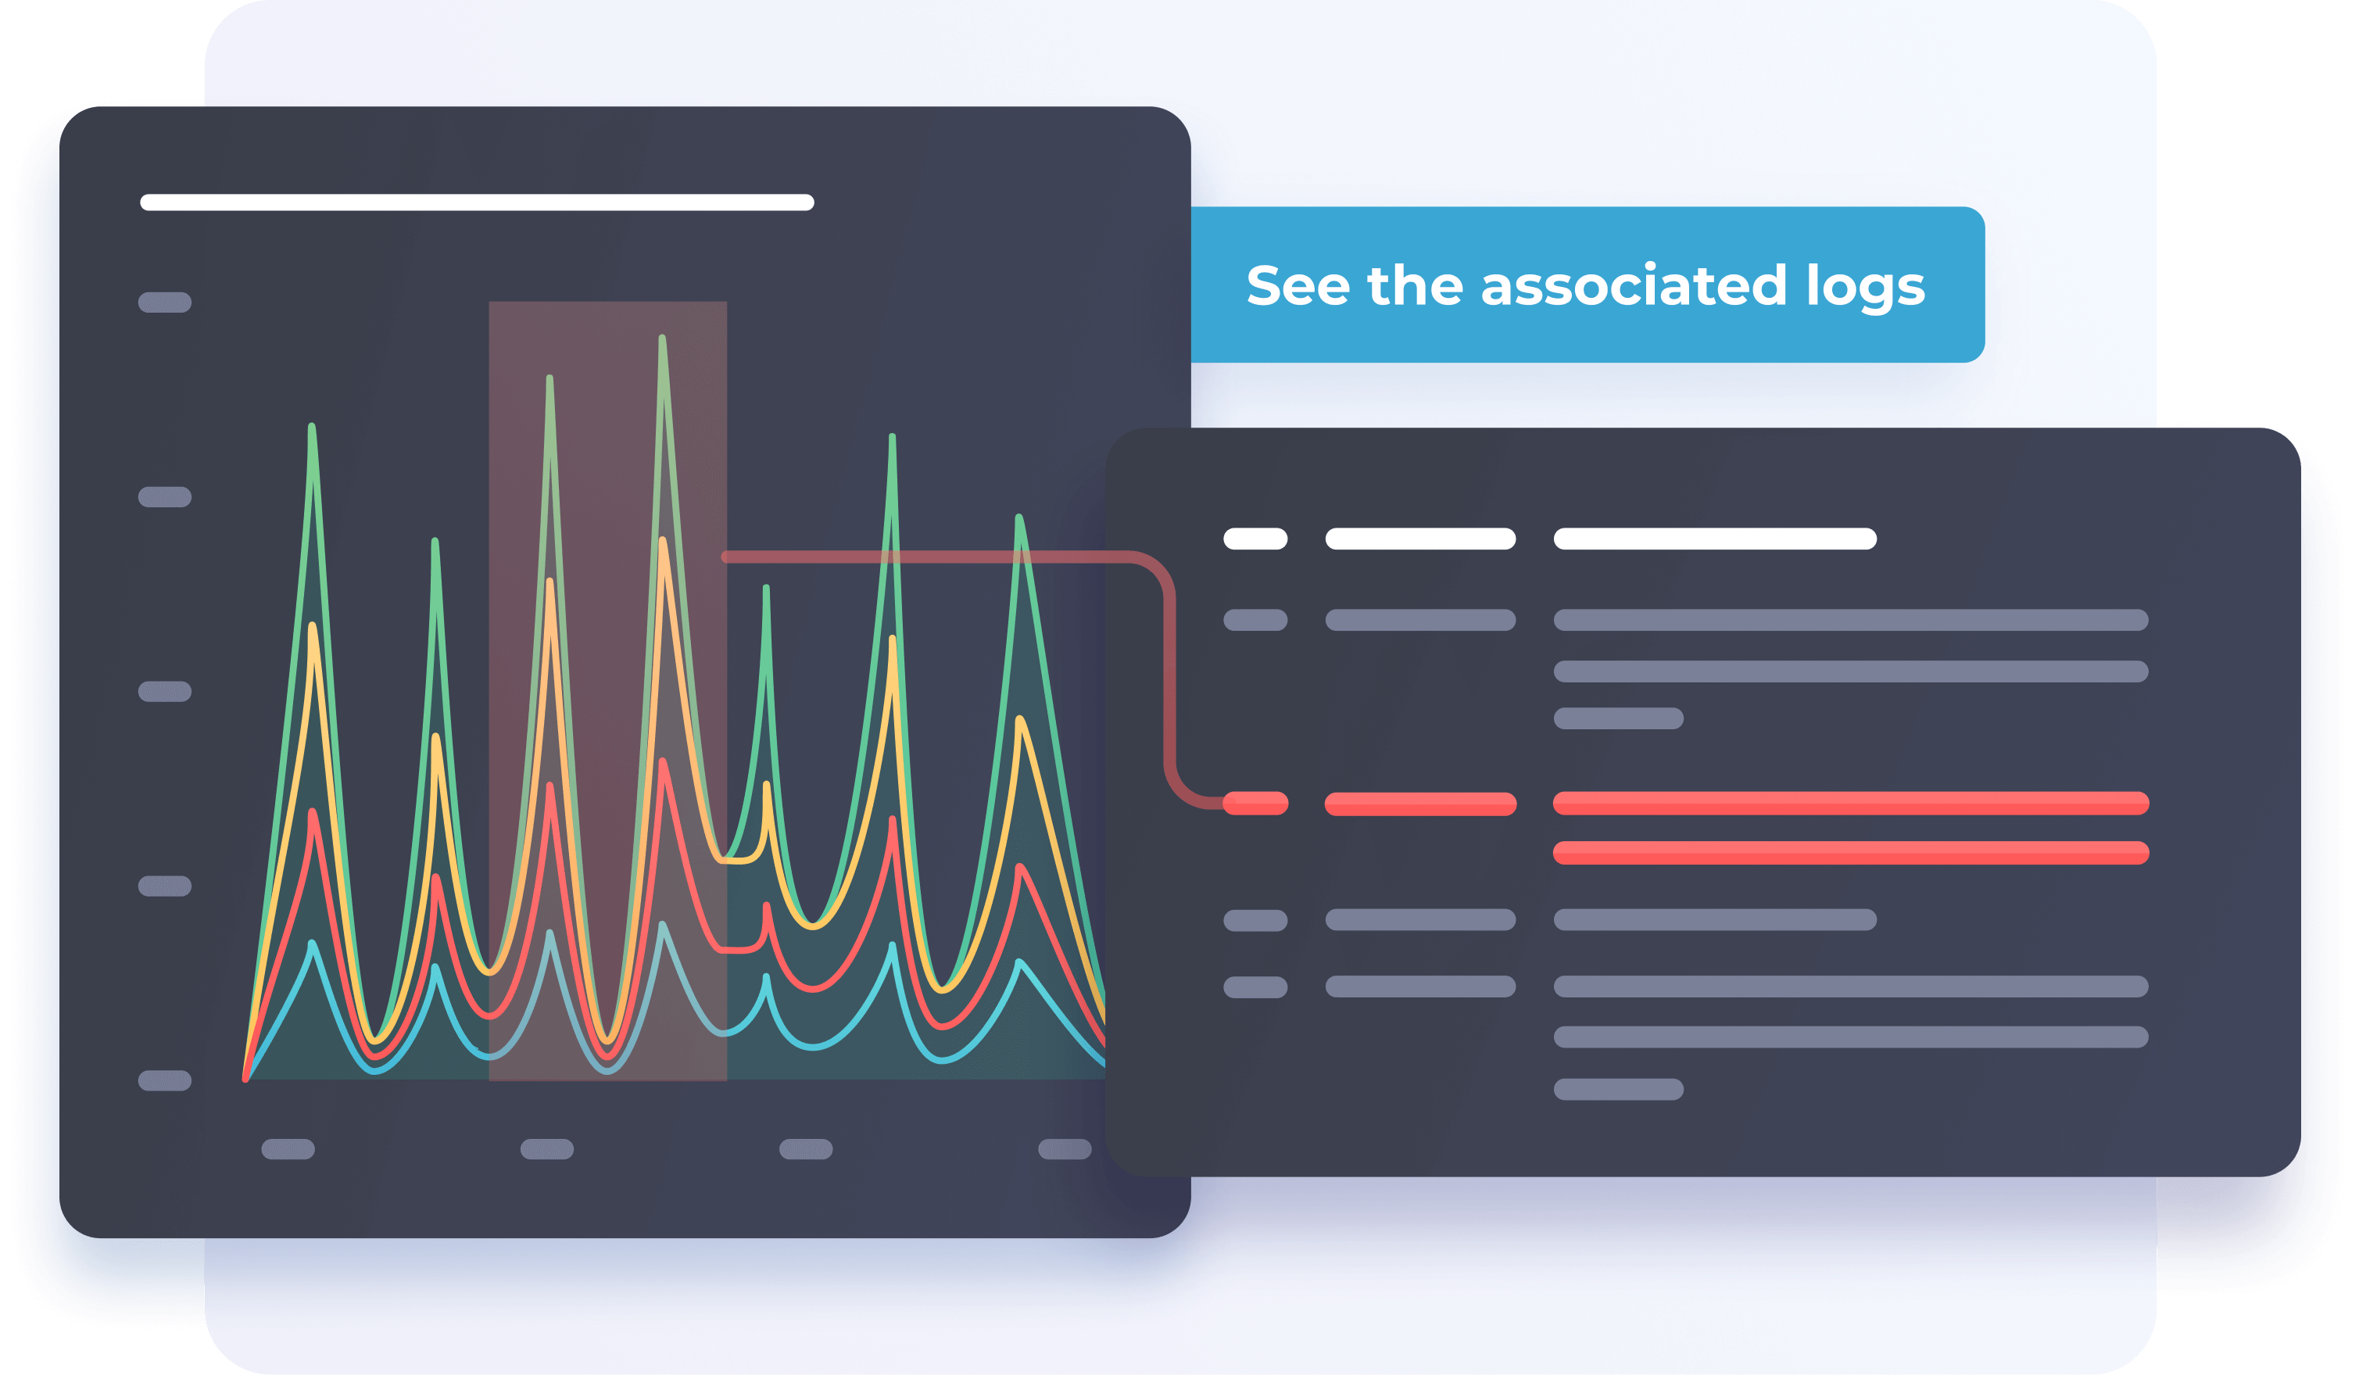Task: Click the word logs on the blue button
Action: coord(1865,286)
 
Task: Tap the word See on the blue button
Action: coord(1298,285)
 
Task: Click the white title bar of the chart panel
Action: coord(477,202)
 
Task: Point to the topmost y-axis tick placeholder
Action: coord(165,303)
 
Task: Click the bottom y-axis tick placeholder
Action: coord(165,1080)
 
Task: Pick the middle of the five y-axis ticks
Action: coord(165,692)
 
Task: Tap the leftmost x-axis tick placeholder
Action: coord(288,1149)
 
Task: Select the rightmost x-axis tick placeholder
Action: coord(1065,1149)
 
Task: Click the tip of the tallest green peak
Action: coord(662,337)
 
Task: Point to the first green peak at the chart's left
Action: coord(312,426)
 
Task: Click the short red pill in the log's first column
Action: coord(1255,803)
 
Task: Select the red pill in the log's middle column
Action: coord(1420,804)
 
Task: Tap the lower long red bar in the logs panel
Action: coord(1851,853)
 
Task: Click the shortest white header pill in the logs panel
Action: coord(1255,539)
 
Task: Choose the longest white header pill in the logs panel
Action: coord(1715,539)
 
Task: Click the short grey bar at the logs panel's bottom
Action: coord(1619,1090)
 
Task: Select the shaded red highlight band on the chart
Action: coord(607,691)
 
